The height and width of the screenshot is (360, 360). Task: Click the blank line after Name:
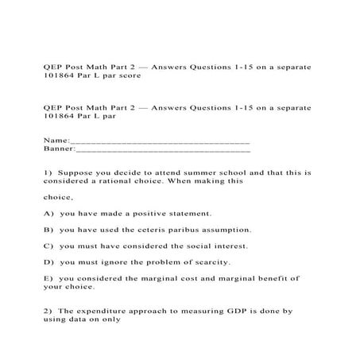click(x=160, y=141)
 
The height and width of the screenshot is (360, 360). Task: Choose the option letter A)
click(x=49, y=213)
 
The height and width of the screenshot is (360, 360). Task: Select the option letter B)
click(x=49, y=229)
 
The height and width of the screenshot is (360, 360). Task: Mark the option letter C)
click(x=49, y=246)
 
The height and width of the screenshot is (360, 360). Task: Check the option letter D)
click(x=49, y=261)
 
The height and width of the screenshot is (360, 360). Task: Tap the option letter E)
click(x=49, y=278)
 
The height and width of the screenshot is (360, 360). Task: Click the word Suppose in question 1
click(x=77, y=172)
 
